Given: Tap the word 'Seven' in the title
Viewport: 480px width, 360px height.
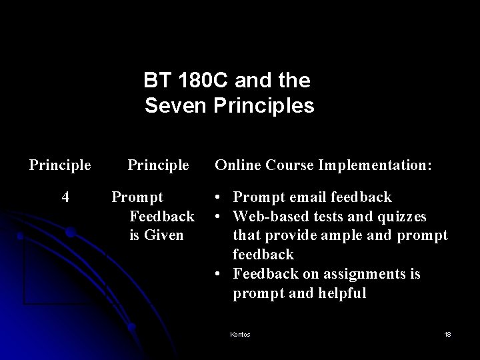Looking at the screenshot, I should tap(175, 106).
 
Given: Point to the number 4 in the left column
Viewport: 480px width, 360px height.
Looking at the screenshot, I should tap(65, 197).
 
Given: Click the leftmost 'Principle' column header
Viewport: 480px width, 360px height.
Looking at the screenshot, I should tap(60, 164).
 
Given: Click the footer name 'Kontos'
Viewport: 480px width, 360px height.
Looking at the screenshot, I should tap(239, 334).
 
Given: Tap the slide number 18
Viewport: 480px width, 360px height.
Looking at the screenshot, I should tap(447, 334).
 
